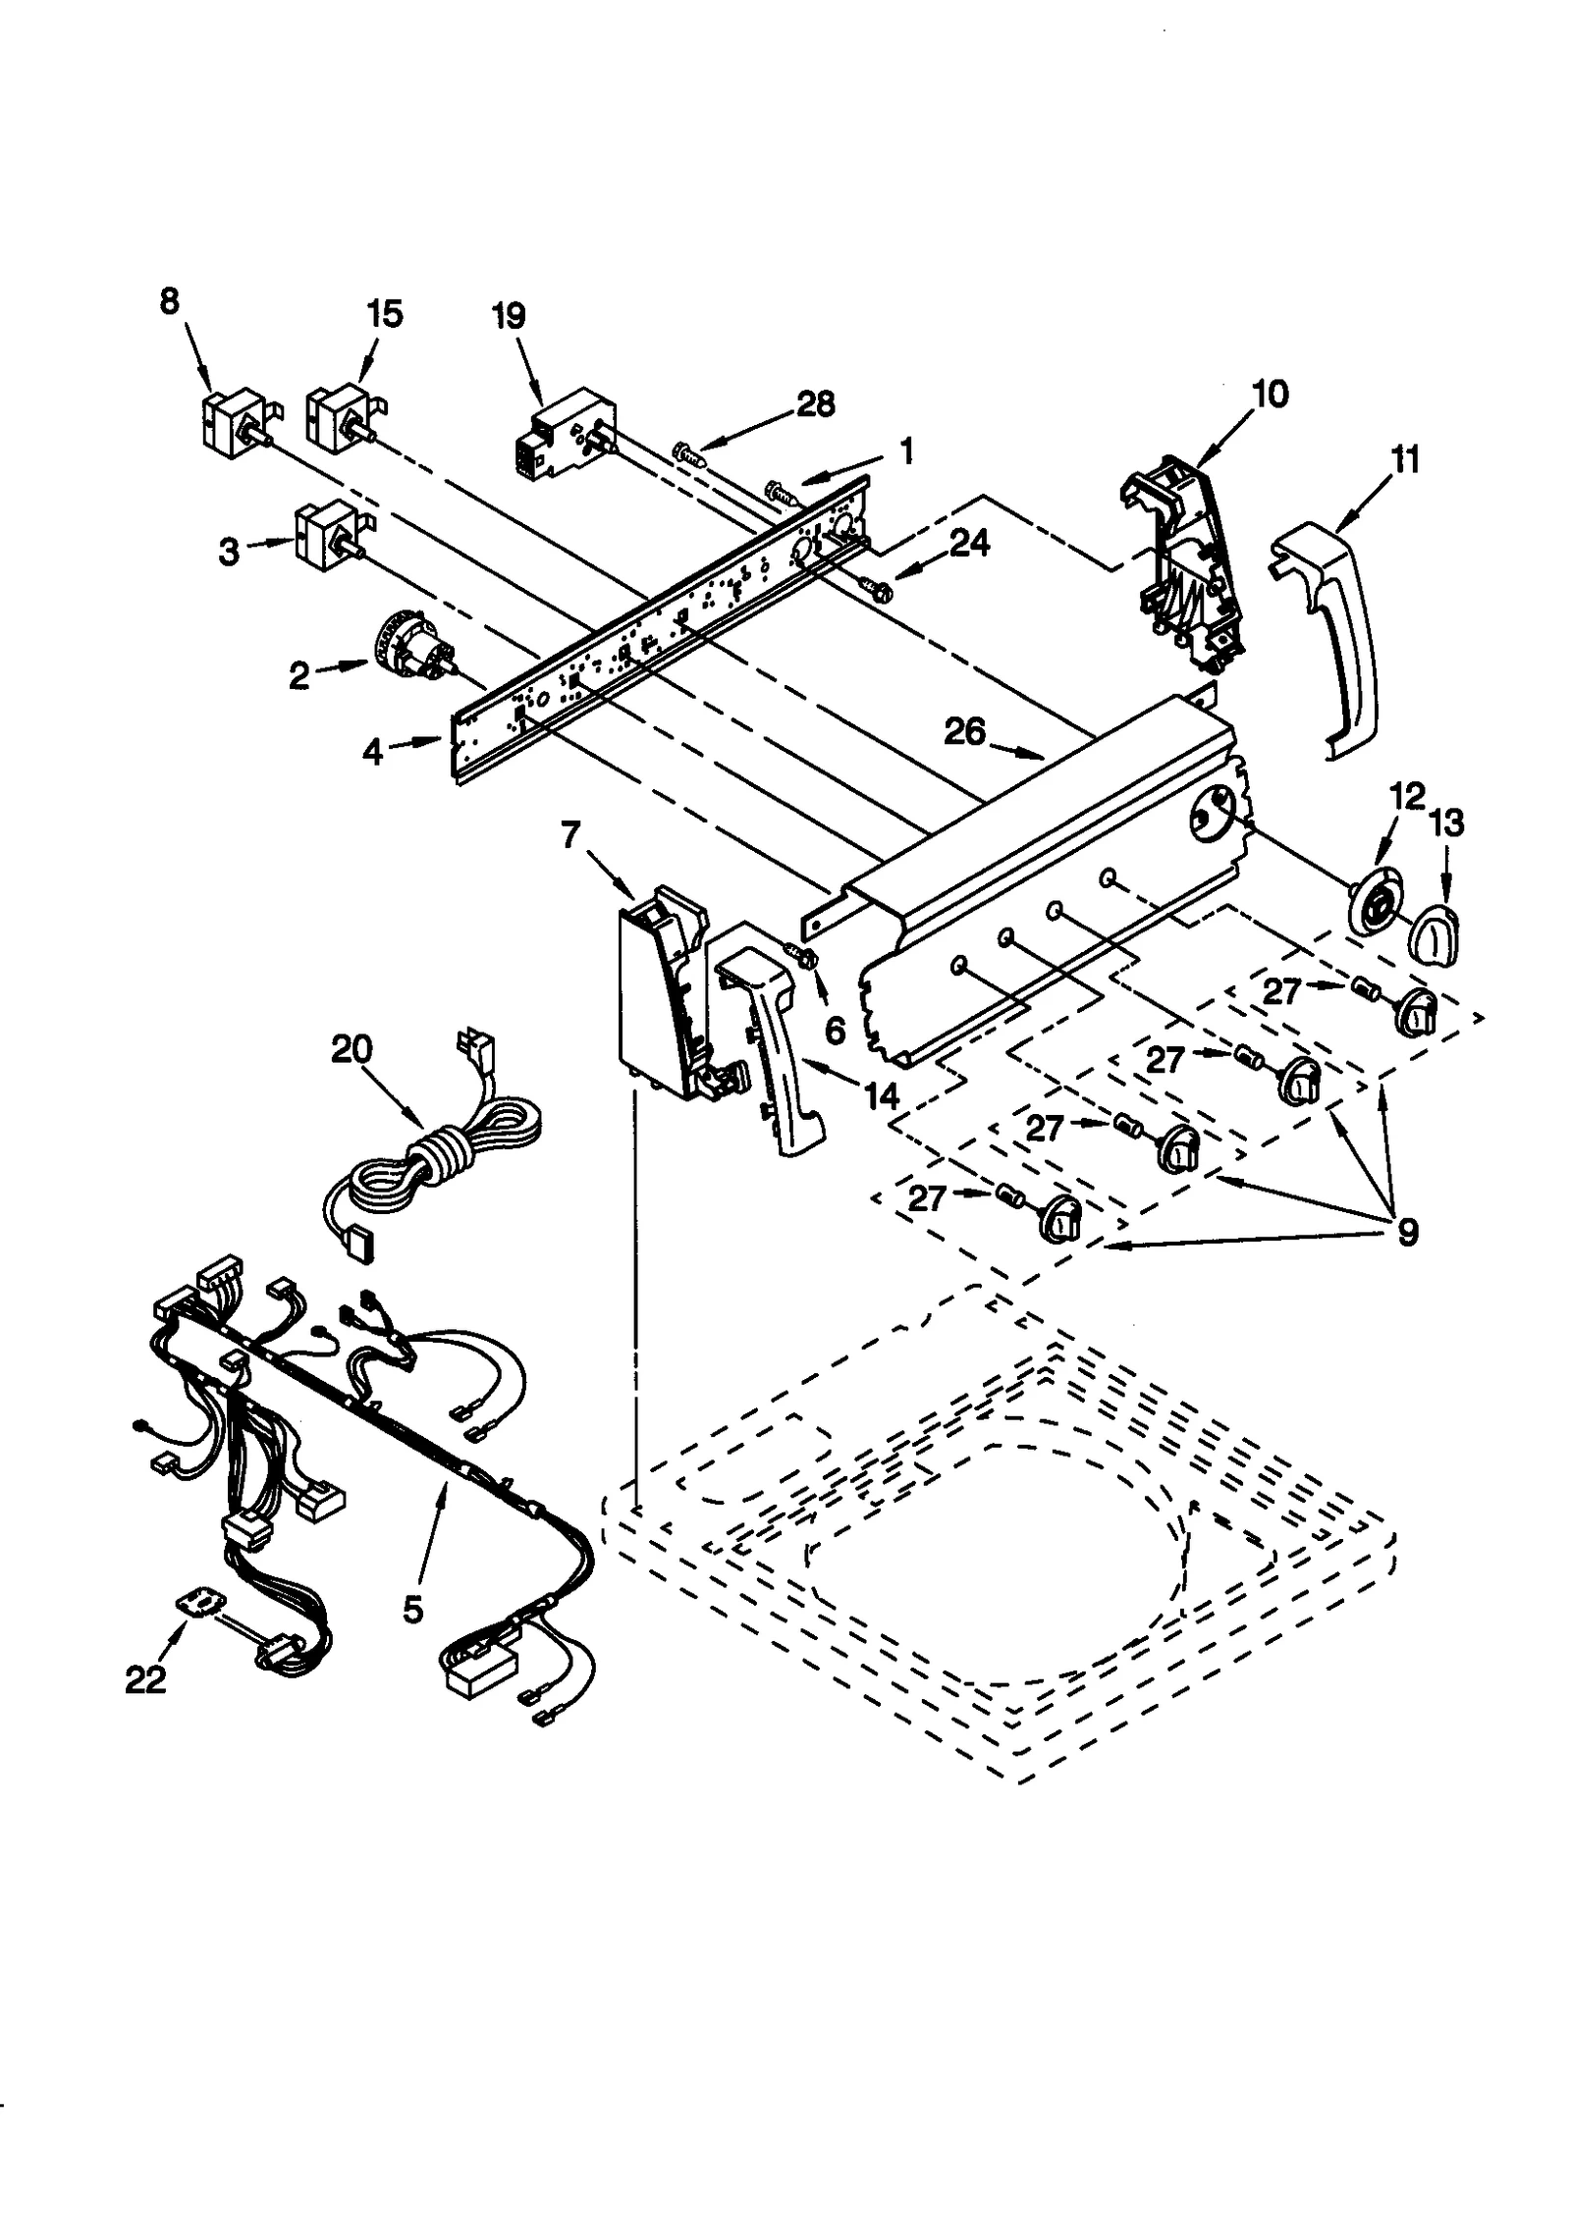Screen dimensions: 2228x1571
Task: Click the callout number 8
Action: click(x=170, y=302)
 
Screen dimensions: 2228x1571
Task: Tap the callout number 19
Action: click(x=509, y=316)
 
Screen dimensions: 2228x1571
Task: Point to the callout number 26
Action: click(x=964, y=731)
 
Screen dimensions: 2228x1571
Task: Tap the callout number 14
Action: click(x=881, y=1096)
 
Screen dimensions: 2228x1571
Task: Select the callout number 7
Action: click(x=571, y=835)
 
